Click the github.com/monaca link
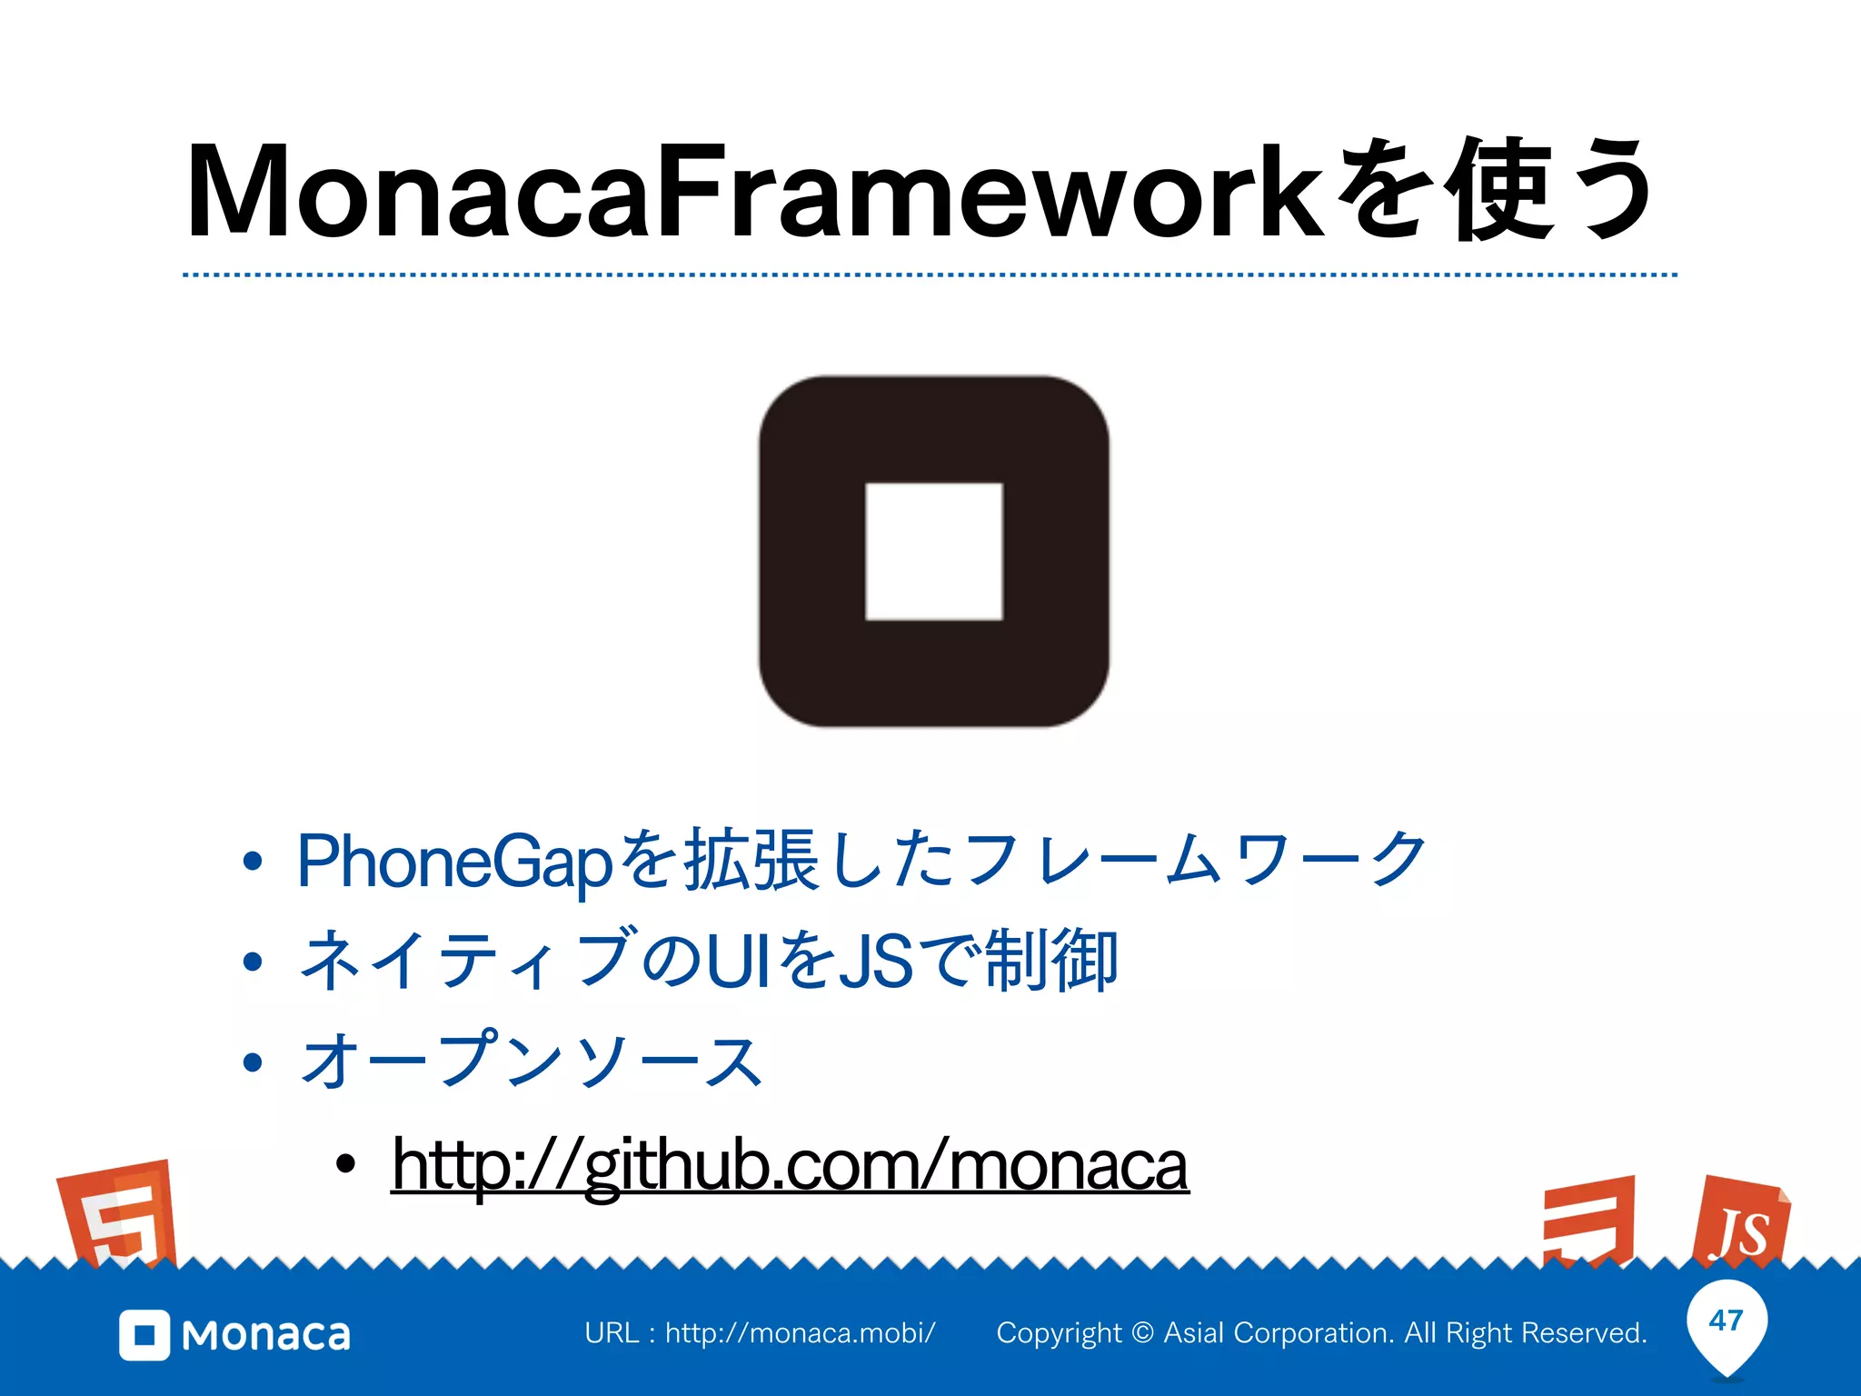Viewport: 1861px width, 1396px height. tap(790, 1166)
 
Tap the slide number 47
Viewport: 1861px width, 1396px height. tap(1726, 1320)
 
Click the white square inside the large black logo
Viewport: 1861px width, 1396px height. tap(933, 552)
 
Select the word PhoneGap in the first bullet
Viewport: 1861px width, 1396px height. tap(454, 862)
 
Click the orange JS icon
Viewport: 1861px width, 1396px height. tap(1741, 1223)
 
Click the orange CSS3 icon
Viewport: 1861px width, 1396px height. tap(1588, 1221)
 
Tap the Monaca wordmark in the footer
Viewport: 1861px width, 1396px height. tap(266, 1335)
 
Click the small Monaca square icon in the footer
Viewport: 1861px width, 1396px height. tap(144, 1335)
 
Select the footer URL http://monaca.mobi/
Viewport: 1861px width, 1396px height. tap(800, 1333)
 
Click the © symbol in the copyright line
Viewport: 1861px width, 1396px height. tap(1143, 1333)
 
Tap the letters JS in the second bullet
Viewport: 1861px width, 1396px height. tap(875, 962)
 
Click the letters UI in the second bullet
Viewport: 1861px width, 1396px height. tap(731, 962)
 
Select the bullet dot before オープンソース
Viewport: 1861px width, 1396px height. tap(253, 1062)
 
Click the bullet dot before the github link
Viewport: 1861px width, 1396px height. tap(345, 1163)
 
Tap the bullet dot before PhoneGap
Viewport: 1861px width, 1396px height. tap(253, 861)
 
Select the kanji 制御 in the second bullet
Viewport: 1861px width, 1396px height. tap(1050, 961)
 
